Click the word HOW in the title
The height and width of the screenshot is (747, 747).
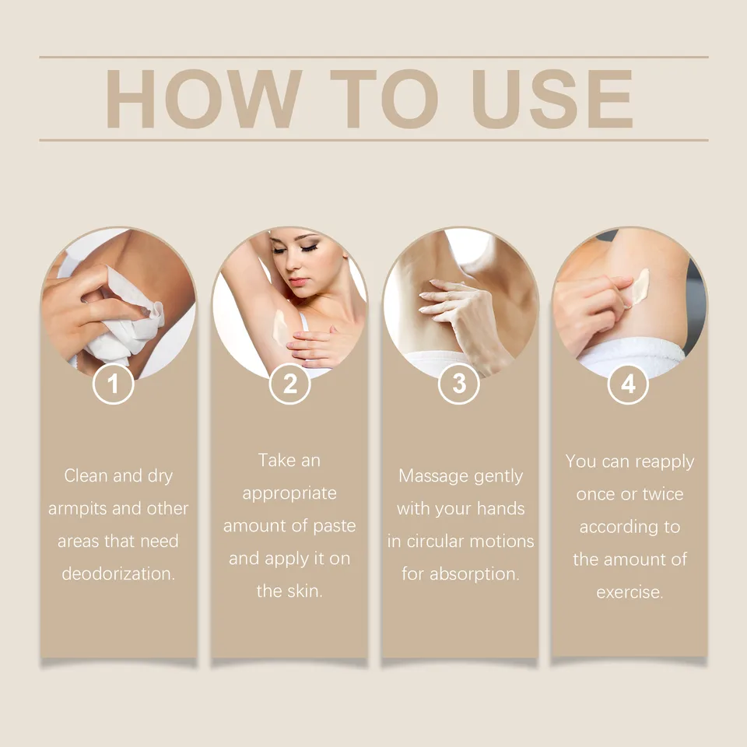click(x=204, y=99)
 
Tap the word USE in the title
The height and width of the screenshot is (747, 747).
click(x=552, y=99)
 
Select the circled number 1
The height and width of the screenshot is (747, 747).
click(x=113, y=384)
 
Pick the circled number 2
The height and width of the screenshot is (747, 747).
click(x=289, y=384)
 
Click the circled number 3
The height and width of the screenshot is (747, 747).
click(x=459, y=384)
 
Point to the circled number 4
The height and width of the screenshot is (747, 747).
click(x=629, y=384)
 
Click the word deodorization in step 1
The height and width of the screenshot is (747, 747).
click(x=118, y=573)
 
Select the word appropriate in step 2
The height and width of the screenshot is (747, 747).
click(x=289, y=494)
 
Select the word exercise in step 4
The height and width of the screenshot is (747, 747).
click(x=630, y=592)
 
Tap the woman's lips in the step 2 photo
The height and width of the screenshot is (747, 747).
click(x=297, y=282)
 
